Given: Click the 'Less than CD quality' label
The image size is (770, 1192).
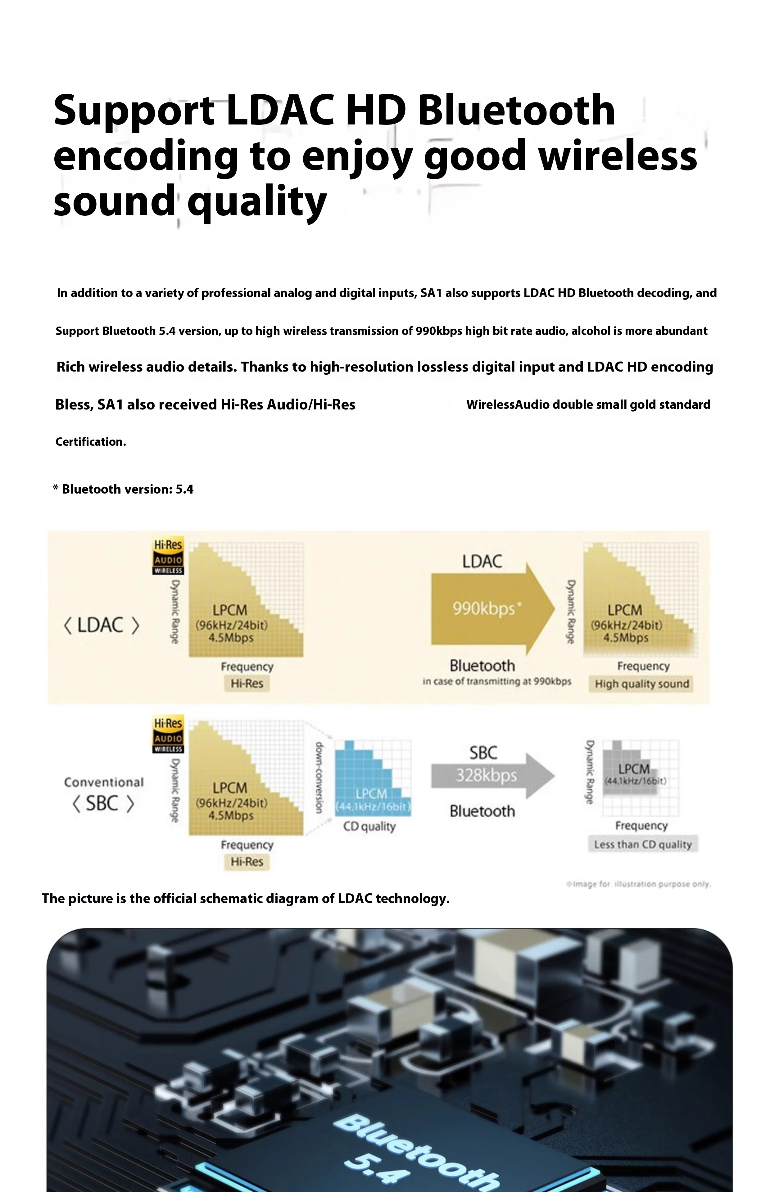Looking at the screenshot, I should point(642,845).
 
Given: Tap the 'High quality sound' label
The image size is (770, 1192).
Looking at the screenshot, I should point(642,684).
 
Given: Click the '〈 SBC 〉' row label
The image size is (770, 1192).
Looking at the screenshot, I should point(103,804).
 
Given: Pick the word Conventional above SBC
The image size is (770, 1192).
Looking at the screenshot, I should point(103,782).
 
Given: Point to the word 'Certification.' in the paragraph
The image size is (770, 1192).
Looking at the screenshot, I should point(90,442).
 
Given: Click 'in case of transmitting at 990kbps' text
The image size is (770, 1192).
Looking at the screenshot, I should point(496,681).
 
